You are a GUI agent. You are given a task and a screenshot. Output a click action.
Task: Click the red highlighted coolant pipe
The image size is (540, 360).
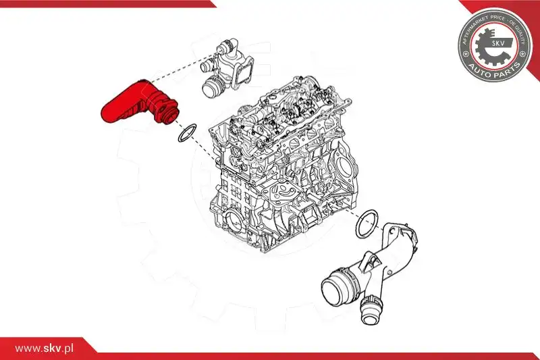tap(138, 103)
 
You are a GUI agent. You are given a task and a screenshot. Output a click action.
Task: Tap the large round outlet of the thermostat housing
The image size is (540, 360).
tap(213, 88)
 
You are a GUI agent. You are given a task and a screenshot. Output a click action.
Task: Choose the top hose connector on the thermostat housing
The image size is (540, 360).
tap(228, 44)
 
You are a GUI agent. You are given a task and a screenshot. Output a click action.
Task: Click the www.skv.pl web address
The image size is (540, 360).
tap(44, 349)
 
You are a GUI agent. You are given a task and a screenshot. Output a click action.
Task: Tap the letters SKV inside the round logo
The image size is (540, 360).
tap(497, 44)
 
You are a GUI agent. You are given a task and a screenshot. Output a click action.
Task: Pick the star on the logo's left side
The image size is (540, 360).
tap(466, 54)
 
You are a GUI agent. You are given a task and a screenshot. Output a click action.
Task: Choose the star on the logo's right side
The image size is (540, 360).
tap(522, 54)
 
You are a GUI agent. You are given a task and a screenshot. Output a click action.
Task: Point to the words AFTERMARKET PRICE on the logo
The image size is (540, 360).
tap(481, 26)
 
